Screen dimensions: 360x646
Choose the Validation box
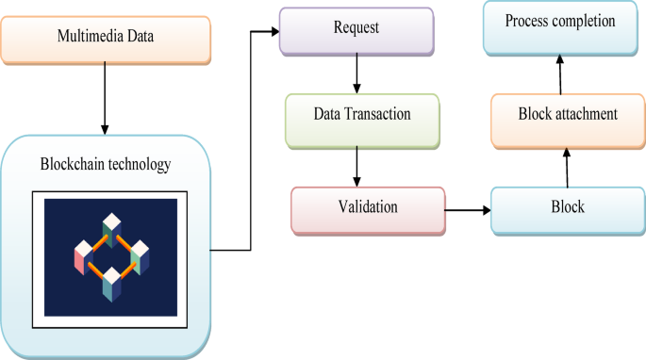pyautogui.click(x=369, y=207)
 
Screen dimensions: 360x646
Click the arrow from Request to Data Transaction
pyautogui.click(x=356, y=74)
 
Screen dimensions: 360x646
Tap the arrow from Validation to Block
pyautogui.click(x=467, y=208)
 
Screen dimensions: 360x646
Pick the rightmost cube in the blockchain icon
pyautogui.click(x=141, y=256)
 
